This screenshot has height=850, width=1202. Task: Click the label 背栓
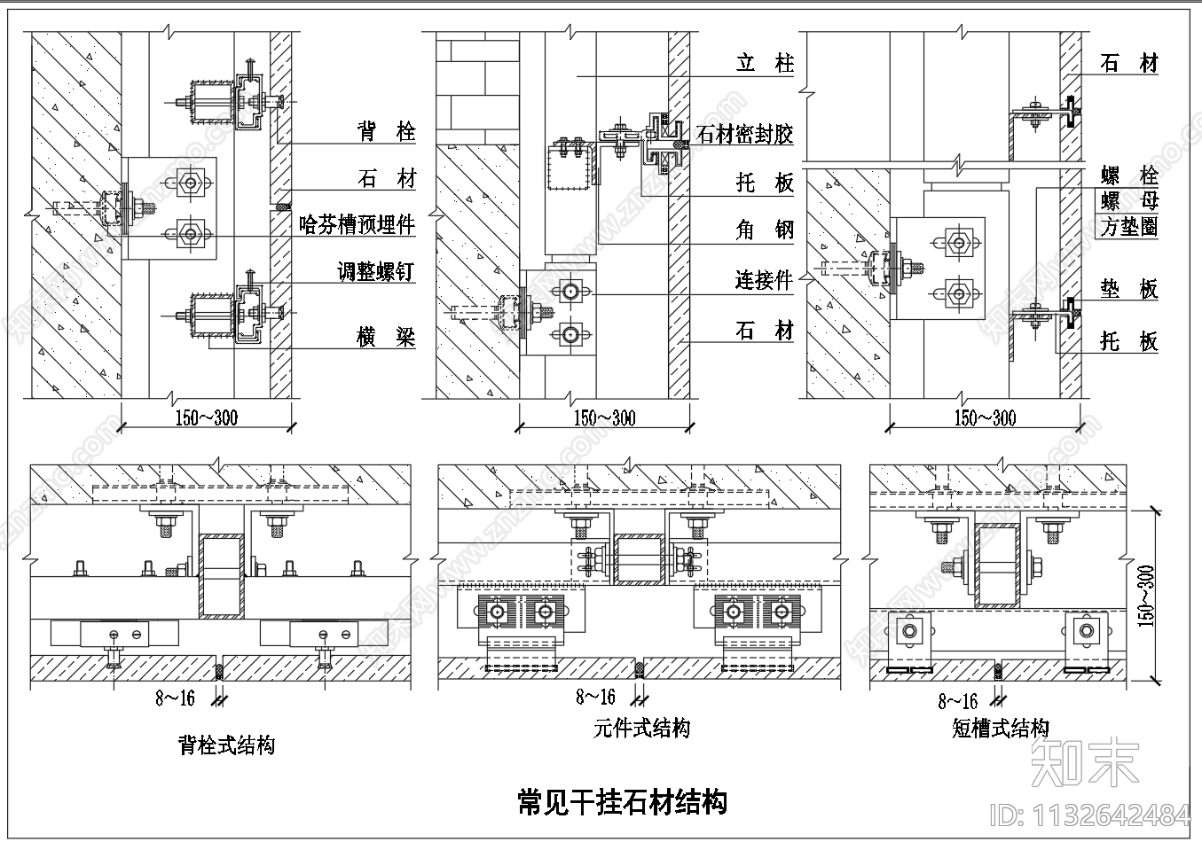tap(386, 132)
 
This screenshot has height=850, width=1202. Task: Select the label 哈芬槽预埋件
tap(357, 224)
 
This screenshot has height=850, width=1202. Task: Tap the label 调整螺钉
tap(375, 271)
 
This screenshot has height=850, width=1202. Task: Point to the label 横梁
tap(386, 337)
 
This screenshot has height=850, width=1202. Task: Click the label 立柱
tap(765, 63)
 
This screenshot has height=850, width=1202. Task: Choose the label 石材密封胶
tap(745, 135)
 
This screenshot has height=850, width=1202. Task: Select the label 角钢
tap(765, 230)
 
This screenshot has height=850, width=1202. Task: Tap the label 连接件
tap(763, 280)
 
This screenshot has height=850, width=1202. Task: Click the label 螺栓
tap(1128, 175)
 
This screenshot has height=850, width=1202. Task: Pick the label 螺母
tap(1128, 201)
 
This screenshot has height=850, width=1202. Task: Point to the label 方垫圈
tap(1128, 227)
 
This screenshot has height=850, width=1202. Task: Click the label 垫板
tap(1128, 289)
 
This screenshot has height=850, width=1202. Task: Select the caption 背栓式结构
tap(226, 745)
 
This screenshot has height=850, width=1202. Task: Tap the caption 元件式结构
tap(641, 729)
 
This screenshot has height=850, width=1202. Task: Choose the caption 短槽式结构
tap(1001, 729)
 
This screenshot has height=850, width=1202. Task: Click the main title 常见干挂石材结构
tap(622, 802)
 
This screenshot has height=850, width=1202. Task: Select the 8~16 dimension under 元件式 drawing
tap(595, 697)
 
